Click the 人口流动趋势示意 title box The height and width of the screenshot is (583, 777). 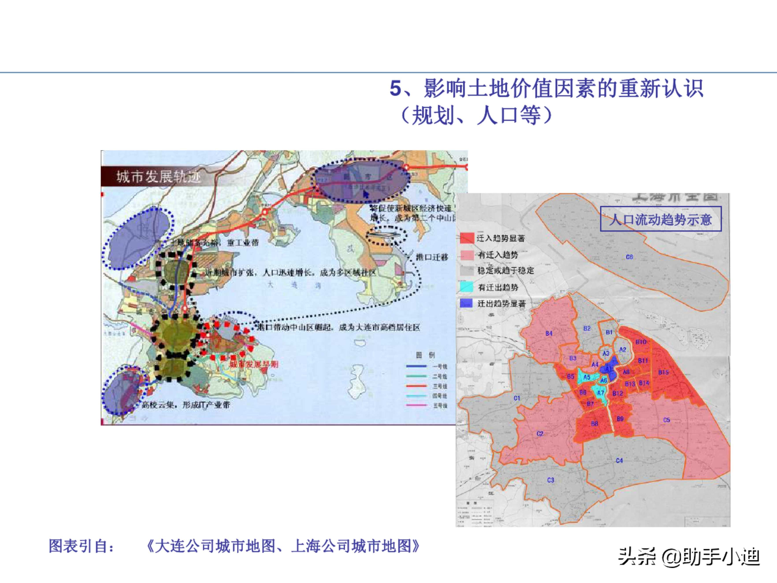click(660, 219)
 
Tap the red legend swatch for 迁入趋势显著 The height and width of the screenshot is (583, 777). click(467, 238)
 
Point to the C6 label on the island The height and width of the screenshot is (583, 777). click(629, 257)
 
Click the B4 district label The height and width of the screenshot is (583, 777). click(549, 333)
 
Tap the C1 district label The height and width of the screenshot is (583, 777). click(517, 398)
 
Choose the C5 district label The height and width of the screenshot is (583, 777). click(666, 420)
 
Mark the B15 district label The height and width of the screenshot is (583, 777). click(663, 372)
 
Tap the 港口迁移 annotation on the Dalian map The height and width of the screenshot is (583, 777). click(432, 257)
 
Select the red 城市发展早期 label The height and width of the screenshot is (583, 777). click(254, 364)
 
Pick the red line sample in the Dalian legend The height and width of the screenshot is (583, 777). click(417, 386)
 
